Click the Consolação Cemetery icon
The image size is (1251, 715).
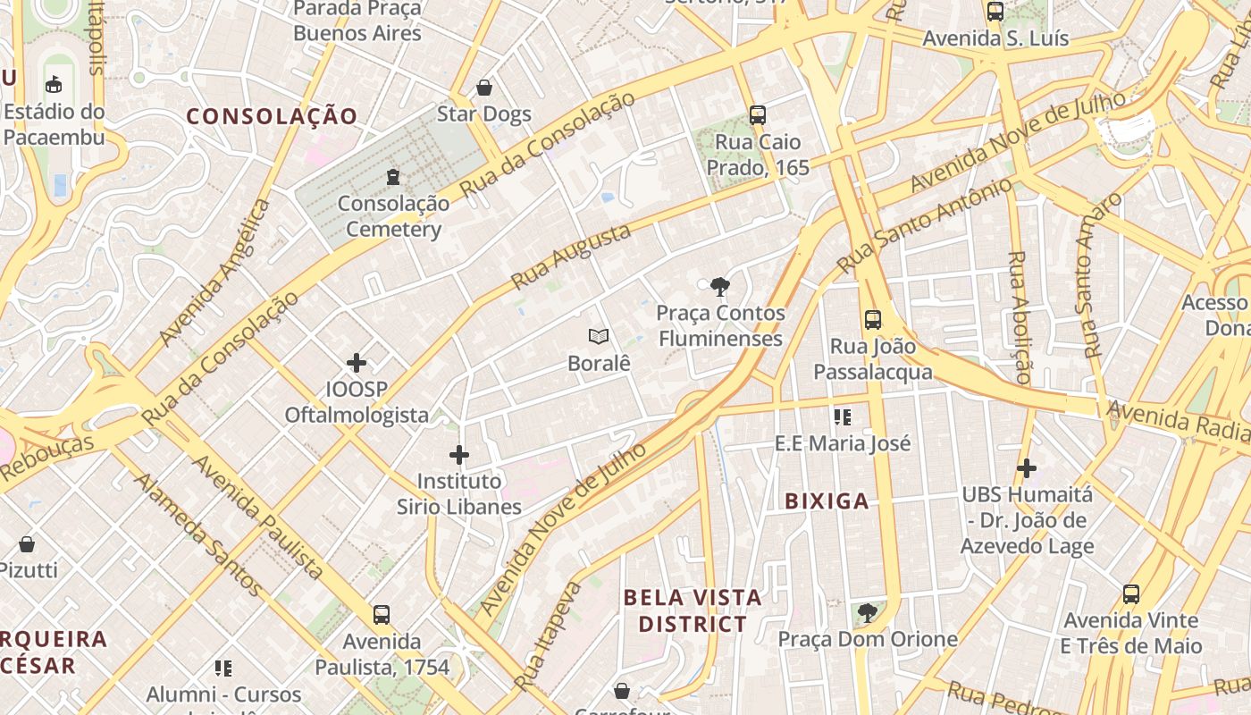pos(393,177)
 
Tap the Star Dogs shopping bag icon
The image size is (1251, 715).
pos(484,88)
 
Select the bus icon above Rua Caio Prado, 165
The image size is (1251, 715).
pos(758,115)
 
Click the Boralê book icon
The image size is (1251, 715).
pos(599,337)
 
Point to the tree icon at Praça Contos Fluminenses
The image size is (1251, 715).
pos(719,287)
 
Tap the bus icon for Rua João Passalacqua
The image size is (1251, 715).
pos(873,319)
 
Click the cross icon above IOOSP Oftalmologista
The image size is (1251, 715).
pos(357,363)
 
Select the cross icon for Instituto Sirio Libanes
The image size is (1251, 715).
pos(459,455)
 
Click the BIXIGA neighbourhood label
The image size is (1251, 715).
pos(827,501)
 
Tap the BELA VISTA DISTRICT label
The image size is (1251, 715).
pos(693,610)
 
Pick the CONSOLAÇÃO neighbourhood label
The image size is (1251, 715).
pos(272,116)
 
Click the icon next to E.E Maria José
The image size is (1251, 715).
pos(842,416)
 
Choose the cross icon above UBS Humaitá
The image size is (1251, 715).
pos(1027,467)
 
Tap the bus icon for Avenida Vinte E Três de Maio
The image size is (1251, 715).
pos(1131,594)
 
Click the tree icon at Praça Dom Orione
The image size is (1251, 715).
pos(867,613)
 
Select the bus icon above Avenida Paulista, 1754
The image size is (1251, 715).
pos(382,615)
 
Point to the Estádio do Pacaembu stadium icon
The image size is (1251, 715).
pos(54,85)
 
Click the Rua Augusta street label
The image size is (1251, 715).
pos(571,257)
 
